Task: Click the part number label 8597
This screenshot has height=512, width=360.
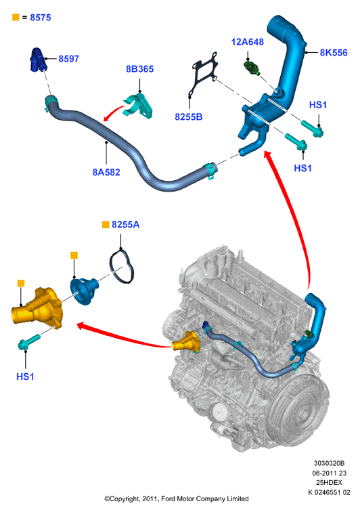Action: (68, 59)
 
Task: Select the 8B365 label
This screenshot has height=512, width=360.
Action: (139, 69)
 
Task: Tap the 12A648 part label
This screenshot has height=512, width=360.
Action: (248, 42)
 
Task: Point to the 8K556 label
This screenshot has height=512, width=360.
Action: (333, 53)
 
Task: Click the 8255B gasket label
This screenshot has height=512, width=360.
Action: (189, 116)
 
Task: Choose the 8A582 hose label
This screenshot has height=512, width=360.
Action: (106, 172)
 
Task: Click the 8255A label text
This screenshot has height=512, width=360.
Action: (125, 224)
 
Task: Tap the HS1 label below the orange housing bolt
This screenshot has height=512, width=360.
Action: (25, 377)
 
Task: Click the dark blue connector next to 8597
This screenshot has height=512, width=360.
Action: (39, 60)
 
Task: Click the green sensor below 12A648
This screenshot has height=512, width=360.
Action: (252, 68)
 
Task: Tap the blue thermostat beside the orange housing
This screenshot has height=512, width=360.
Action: (84, 291)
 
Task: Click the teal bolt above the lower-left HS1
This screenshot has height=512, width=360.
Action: (29, 341)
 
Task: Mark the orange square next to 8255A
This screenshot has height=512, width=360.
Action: (106, 224)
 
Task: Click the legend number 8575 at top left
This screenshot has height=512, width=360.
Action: (41, 18)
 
